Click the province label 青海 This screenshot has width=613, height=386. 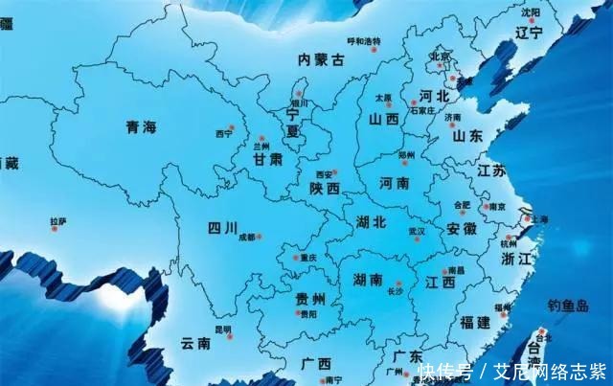pos(141,127)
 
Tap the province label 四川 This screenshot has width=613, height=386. pos(222,227)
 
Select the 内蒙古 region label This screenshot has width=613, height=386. pos(321,59)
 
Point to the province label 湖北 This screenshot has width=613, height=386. pos(371,222)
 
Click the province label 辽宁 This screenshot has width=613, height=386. pos(529,33)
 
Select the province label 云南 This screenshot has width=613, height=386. pos(196,343)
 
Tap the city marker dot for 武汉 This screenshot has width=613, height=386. pos(418,238)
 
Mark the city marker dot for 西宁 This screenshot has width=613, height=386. pos(231,127)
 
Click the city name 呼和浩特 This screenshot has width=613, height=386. pos(363,41)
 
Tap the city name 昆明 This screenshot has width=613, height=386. pos(223,329)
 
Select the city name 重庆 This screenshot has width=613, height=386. pos(306,257)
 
